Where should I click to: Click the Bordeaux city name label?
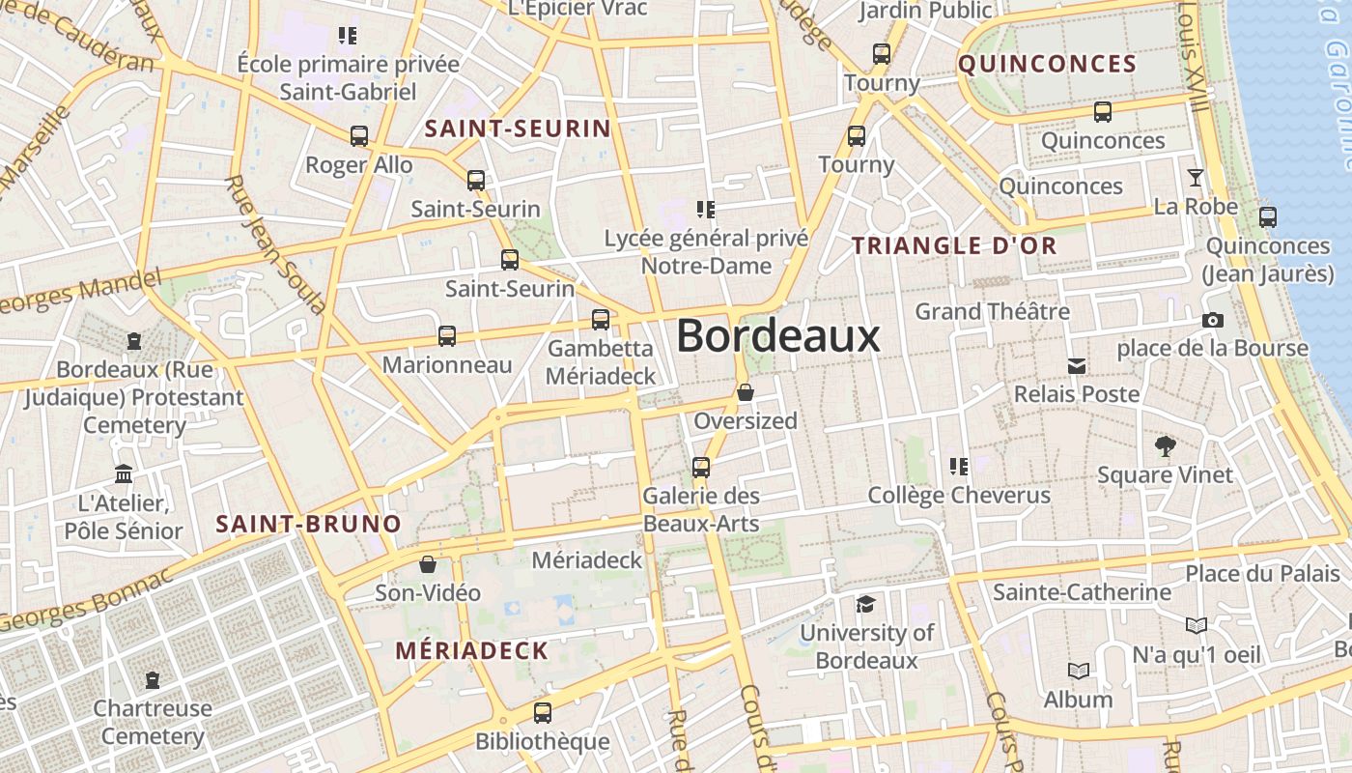tap(777, 336)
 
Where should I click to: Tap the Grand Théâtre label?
tap(992, 311)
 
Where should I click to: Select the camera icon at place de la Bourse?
tap(1213, 320)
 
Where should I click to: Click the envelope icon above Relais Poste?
tap(1077, 366)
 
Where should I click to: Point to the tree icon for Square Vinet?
tap(1166, 445)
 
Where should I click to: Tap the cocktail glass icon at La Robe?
tap(1196, 178)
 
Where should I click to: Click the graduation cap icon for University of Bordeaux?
tap(865, 604)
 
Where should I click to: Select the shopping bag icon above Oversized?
tap(746, 392)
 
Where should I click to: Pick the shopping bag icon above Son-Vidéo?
tap(428, 564)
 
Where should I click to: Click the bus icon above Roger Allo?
tap(359, 136)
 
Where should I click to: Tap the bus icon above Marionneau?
tap(447, 336)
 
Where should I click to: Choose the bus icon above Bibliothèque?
tap(543, 713)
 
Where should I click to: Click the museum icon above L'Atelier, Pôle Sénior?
tap(124, 474)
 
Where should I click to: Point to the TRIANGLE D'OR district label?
tap(954, 245)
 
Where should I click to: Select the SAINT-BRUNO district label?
tap(308, 525)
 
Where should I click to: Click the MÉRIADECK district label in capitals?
tap(471, 650)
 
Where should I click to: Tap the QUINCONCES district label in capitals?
tap(1047, 65)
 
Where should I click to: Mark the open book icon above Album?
tap(1078, 671)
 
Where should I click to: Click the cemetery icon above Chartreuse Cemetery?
tap(153, 680)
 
